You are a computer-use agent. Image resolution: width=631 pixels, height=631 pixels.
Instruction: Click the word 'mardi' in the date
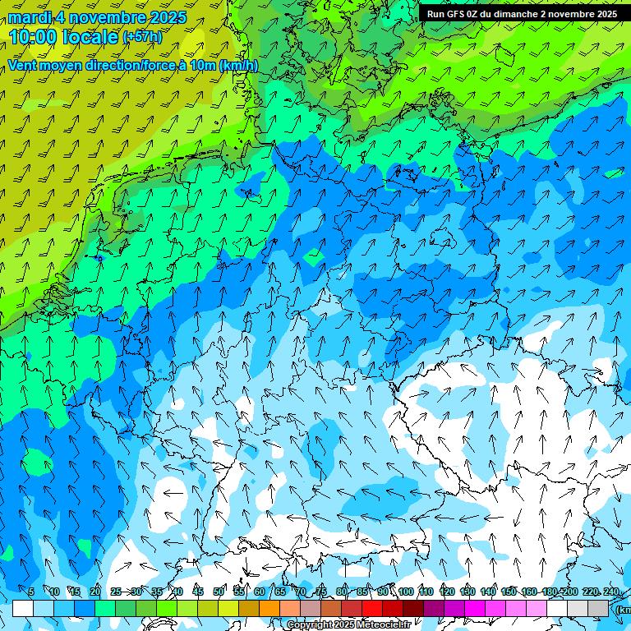[x=29, y=17]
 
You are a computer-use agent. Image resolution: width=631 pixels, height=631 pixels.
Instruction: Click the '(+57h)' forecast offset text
[x=142, y=38]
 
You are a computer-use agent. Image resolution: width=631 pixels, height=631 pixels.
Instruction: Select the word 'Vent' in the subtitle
[x=23, y=66]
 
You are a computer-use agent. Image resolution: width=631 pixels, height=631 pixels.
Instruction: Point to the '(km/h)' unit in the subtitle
[x=238, y=66]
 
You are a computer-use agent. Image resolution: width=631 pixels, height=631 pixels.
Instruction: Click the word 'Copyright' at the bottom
[x=309, y=625]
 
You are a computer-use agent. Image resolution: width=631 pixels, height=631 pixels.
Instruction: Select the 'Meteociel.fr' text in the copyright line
[x=383, y=625]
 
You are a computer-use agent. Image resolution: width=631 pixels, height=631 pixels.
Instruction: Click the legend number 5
[x=31, y=592]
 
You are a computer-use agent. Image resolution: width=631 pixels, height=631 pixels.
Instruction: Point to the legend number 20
[x=95, y=592]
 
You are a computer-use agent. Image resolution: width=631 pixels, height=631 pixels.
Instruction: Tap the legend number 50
[x=219, y=592]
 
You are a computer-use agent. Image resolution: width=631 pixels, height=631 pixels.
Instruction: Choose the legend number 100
[x=406, y=592]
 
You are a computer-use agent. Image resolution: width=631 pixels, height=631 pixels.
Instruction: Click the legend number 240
[x=611, y=592]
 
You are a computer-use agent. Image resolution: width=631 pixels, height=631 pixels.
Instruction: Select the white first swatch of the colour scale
[x=23, y=608]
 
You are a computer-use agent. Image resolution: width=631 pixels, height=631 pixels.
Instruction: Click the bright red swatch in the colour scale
[x=372, y=608]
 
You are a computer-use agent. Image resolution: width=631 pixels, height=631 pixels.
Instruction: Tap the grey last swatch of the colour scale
[x=598, y=608]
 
